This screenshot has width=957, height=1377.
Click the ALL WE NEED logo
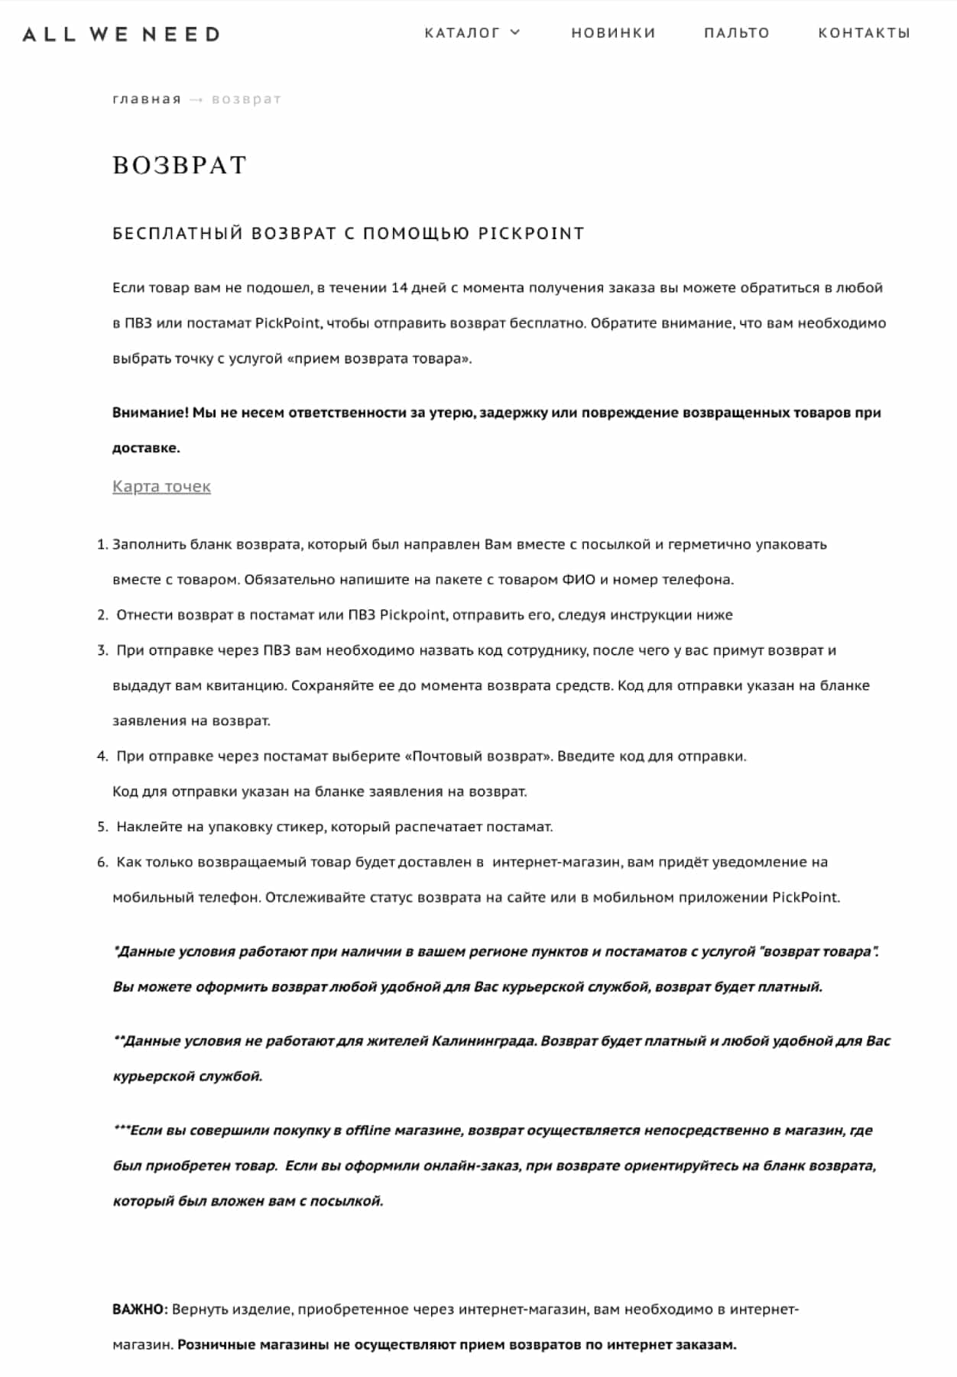click(122, 34)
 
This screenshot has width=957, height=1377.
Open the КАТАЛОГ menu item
click(462, 33)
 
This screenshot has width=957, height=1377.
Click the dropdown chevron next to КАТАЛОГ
click(515, 32)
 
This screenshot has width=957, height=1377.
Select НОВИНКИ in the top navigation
click(613, 33)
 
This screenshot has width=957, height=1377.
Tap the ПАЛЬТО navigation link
click(736, 33)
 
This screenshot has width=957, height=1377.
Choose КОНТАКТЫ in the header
click(864, 33)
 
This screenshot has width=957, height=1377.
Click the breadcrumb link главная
click(147, 99)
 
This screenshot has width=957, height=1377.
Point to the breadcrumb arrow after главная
click(196, 100)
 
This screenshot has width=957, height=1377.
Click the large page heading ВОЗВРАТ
click(180, 165)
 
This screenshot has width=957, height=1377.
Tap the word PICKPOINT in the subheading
click(531, 234)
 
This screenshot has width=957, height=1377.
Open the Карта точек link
click(161, 487)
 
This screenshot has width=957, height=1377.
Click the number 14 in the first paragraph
click(399, 288)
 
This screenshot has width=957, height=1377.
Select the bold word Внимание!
click(150, 413)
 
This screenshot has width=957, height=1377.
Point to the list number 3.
click(102, 651)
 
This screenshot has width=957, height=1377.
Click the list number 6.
click(102, 863)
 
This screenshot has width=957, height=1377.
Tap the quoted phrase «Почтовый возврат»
click(482, 757)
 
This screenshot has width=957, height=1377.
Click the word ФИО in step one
click(579, 580)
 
